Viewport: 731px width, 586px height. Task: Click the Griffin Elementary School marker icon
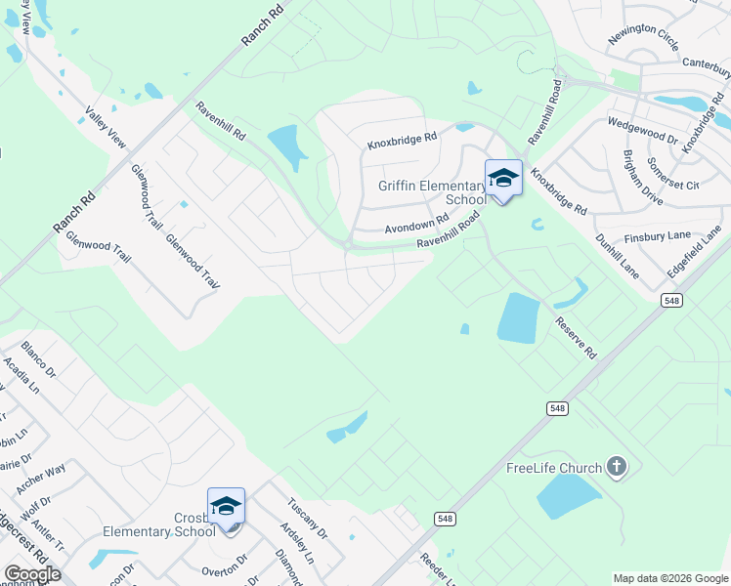coord(503,179)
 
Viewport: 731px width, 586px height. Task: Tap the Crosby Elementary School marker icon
coord(226,507)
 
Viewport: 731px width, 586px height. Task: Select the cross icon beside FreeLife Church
coord(616,467)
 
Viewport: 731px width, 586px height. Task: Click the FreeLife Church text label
coord(553,468)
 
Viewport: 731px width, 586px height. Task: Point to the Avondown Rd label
coord(415,222)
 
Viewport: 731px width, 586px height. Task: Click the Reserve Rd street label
coord(576,337)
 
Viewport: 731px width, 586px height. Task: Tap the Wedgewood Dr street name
coord(642,131)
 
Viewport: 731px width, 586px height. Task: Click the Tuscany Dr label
coord(307,521)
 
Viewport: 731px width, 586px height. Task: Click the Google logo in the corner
coord(32,573)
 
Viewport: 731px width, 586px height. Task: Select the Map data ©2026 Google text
coord(670,578)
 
